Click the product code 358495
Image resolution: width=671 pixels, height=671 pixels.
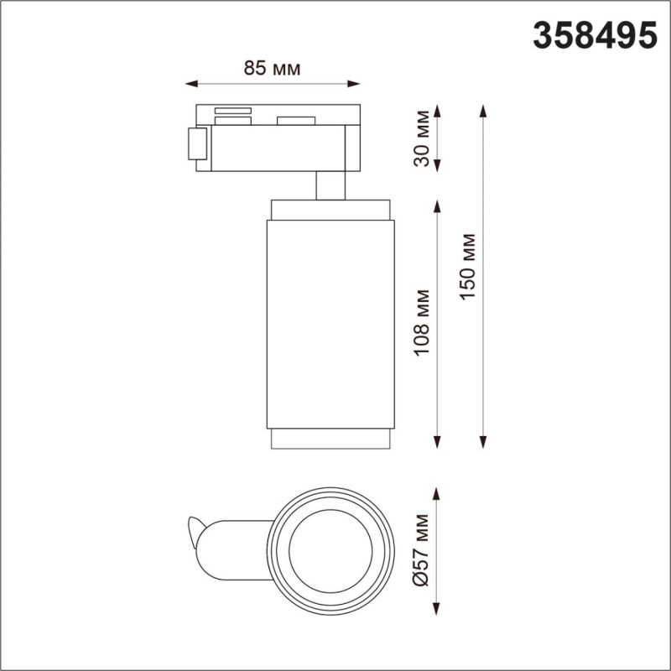[595, 35]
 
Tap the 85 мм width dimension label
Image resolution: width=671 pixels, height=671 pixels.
[272, 68]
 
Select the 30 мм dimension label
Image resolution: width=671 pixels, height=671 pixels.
[422, 138]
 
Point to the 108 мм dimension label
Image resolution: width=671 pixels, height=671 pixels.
[422, 323]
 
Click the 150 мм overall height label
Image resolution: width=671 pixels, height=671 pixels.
[468, 267]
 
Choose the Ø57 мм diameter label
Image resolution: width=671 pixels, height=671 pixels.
[421, 550]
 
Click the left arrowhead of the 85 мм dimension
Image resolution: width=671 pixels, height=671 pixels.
[191, 84]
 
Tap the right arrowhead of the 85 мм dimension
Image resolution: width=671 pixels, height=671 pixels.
[353, 84]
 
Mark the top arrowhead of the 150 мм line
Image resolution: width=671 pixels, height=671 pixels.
[484, 111]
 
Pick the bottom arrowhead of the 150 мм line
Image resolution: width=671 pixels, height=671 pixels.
[484, 442]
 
